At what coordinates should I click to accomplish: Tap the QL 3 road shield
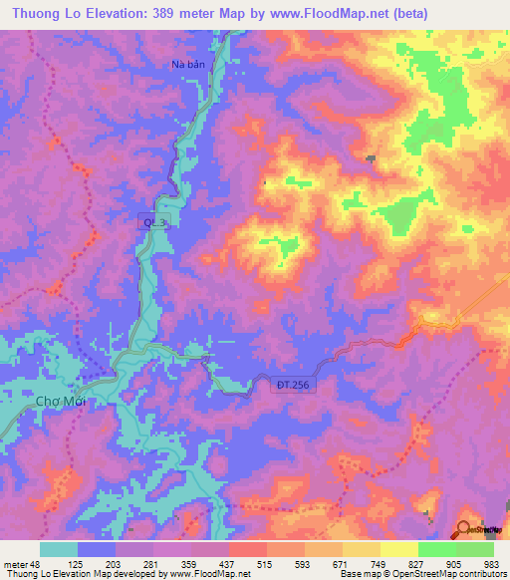(154, 225)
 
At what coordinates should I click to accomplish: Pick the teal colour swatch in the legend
(59, 549)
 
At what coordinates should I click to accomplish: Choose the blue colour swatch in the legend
(97, 549)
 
